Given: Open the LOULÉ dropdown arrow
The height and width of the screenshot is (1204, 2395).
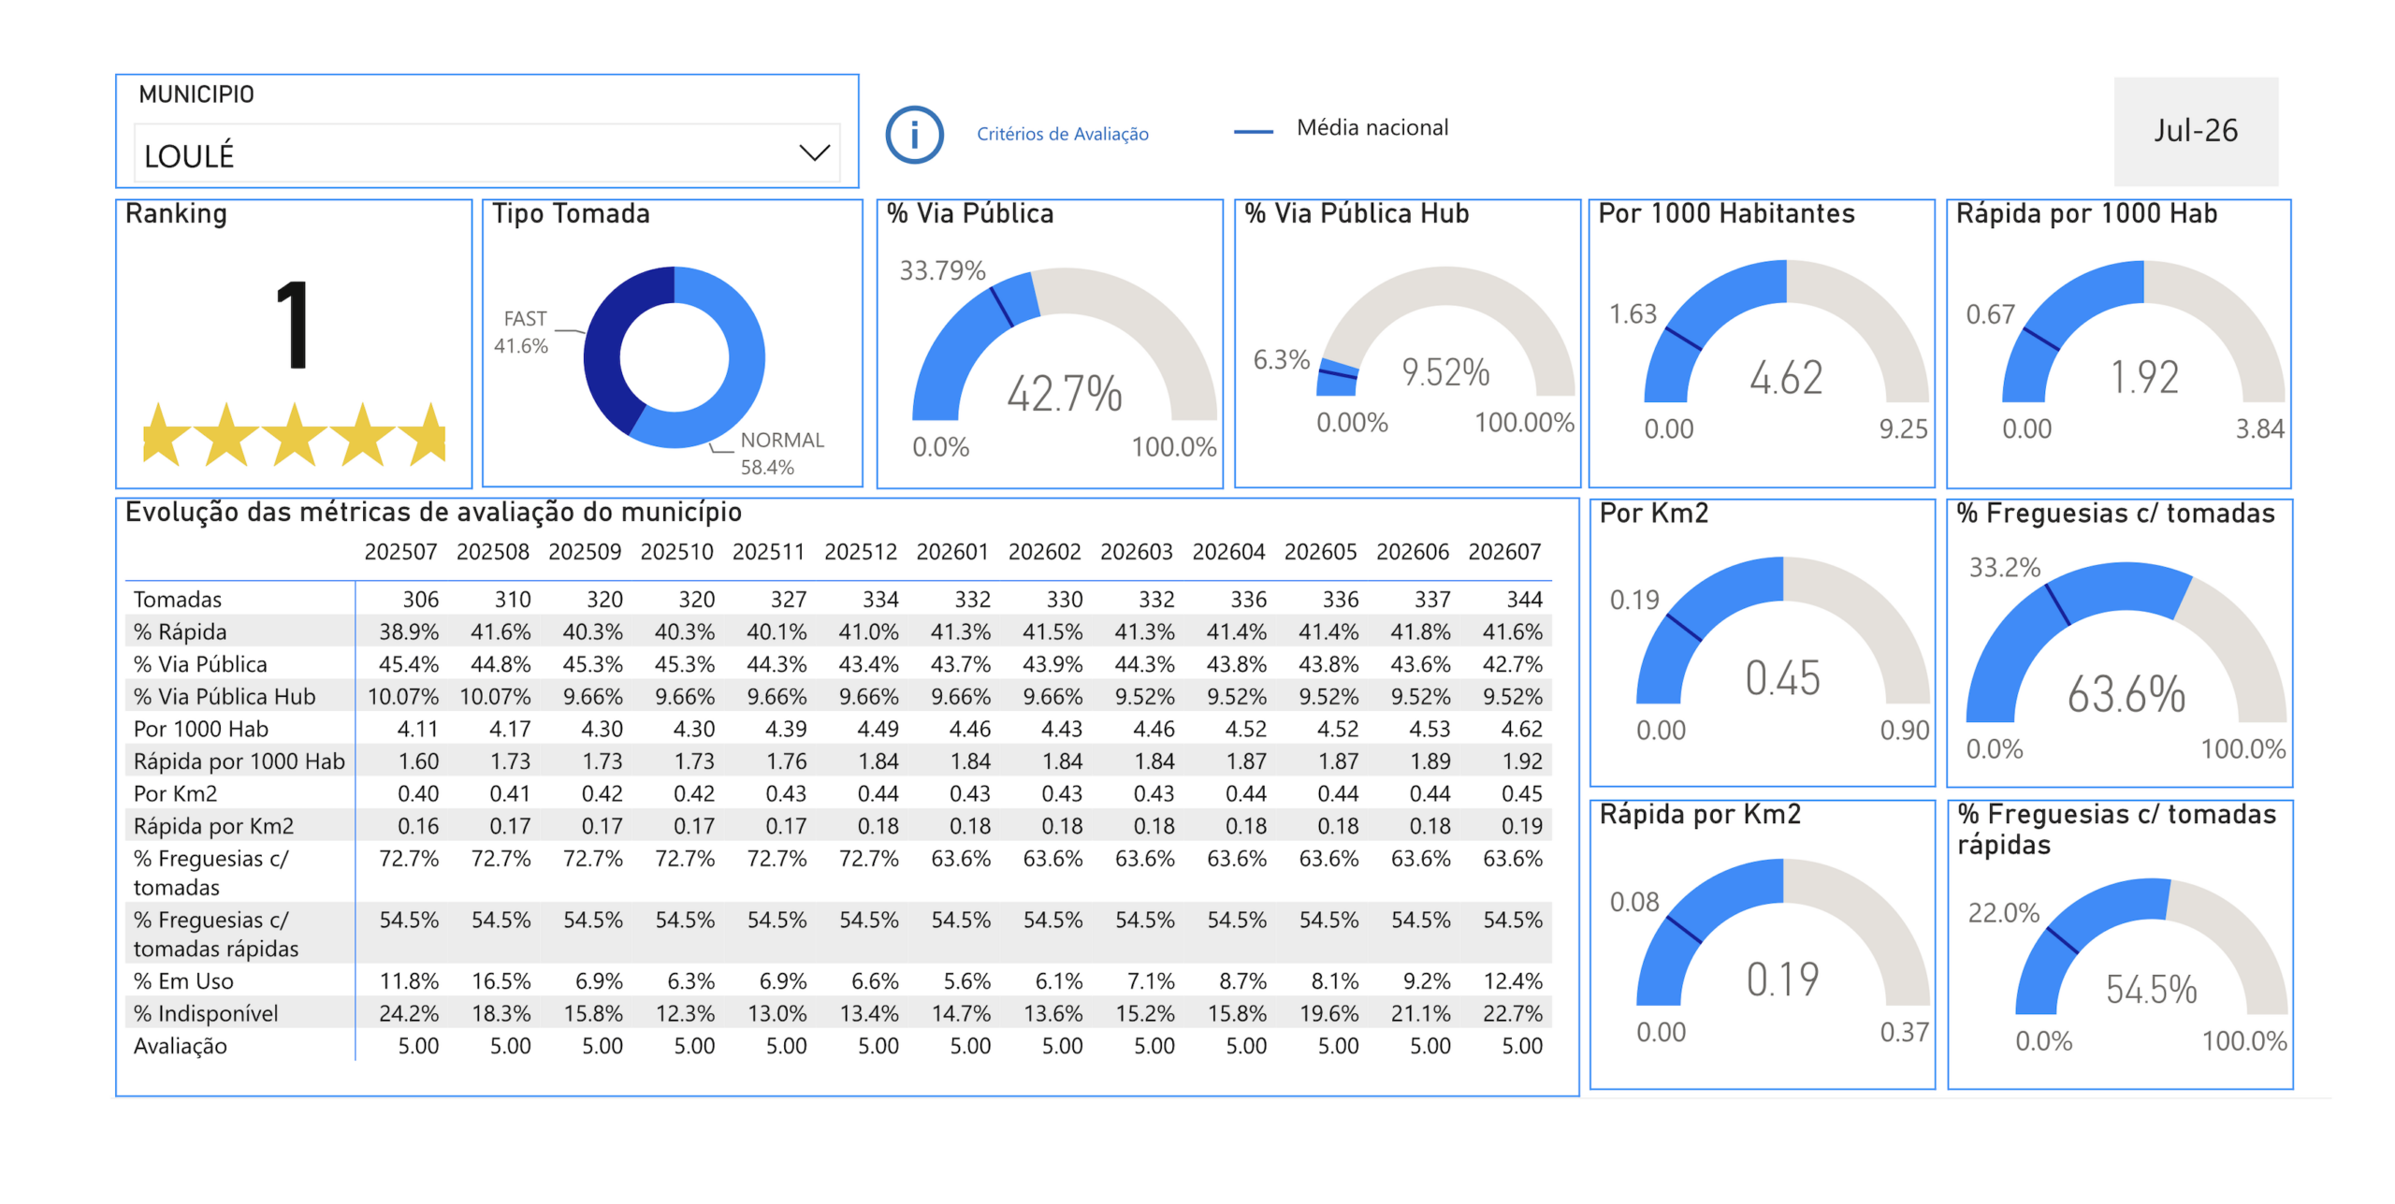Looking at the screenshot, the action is point(814,152).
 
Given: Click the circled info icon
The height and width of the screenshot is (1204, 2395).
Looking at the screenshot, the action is point(914,135).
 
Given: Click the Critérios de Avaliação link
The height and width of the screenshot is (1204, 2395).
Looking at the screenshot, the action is point(1062,134).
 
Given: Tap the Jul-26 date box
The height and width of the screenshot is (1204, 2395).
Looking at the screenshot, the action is point(2195,131).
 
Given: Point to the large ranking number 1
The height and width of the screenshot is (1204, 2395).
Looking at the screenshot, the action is point(294,325).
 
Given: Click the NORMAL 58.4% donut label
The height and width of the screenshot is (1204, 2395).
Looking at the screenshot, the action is point(781,453).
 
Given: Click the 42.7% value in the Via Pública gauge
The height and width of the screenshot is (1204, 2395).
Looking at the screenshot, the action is point(1064,393).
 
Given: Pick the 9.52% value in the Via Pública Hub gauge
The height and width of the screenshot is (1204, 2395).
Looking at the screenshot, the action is point(1444,372).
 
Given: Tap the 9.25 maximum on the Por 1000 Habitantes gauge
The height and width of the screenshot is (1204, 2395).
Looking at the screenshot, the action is point(1903,429).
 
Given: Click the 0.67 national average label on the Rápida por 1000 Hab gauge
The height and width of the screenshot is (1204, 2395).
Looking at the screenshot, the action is point(1989,314).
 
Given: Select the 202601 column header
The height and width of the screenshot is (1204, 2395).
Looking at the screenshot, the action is point(951,552).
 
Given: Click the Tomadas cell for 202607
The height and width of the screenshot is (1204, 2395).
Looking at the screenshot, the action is point(1523,600).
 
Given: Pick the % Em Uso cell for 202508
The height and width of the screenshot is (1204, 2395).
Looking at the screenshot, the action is point(501,981).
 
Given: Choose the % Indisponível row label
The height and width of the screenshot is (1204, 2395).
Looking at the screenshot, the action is point(206,1014).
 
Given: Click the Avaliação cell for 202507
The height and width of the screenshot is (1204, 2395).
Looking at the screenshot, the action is point(418,1046).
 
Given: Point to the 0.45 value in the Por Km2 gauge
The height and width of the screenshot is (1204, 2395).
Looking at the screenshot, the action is point(1782,678).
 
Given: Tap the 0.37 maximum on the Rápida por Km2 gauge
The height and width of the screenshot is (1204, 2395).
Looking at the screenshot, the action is point(1904,1033).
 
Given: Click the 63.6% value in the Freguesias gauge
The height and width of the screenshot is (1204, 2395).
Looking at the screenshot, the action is point(2126,694).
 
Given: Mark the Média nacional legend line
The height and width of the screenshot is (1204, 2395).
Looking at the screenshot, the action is point(1253,132).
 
